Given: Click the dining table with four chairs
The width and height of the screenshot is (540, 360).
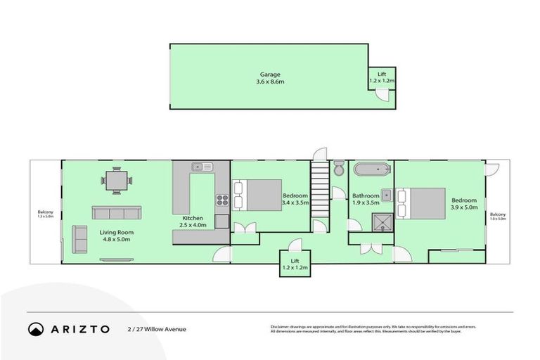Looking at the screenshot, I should [x=117, y=181].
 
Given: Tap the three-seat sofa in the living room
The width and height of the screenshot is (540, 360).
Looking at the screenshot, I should [x=116, y=212].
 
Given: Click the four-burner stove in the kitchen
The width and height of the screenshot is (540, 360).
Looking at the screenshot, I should [x=222, y=199].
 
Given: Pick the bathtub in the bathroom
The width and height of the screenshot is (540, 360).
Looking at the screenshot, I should [x=370, y=169].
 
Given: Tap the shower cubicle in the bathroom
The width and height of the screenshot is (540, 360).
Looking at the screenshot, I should [x=384, y=224].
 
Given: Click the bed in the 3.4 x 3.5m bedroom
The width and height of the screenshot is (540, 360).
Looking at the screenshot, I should [x=255, y=195].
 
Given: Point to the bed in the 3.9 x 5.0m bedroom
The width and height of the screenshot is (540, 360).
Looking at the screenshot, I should [x=420, y=203].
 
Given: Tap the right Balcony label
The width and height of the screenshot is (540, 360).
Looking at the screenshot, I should [x=497, y=217].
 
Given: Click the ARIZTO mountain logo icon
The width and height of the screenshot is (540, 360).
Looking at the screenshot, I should [x=36, y=328].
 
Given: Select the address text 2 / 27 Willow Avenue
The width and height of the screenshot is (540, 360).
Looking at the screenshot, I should [x=157, y=328].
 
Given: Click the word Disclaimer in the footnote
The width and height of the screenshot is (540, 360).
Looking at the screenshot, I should [x=281, y=326].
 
